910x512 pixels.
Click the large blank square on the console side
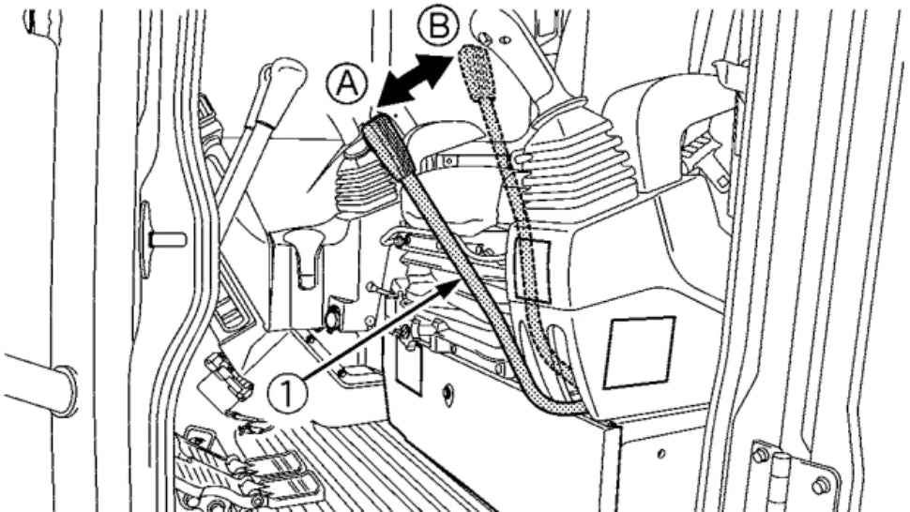638,352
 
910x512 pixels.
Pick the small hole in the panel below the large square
660,454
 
